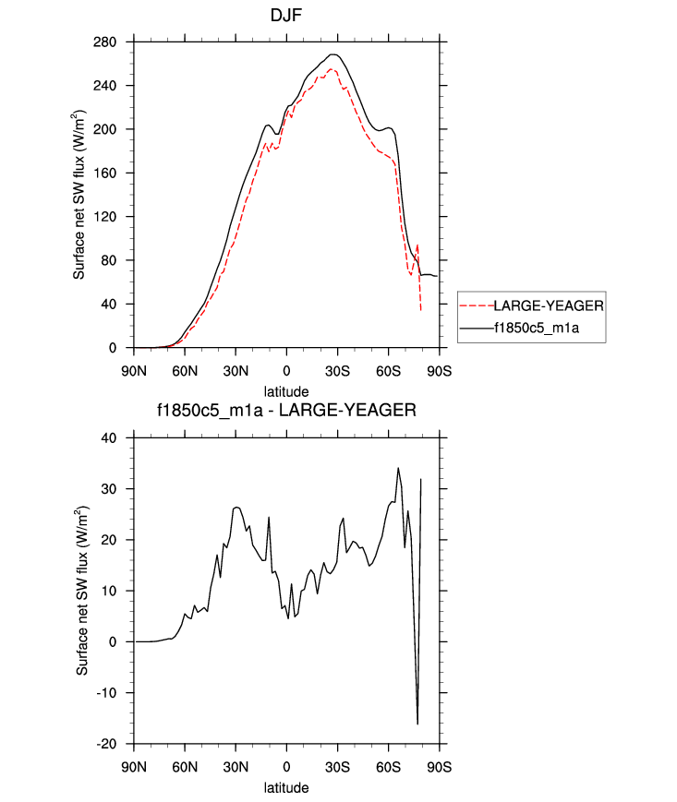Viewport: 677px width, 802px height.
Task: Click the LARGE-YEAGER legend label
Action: point(549,305)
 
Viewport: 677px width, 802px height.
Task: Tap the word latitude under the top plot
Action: point(286,391)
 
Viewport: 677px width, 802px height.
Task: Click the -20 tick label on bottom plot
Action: point(115,744)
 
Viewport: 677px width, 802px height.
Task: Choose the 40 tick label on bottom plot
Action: point(119,438)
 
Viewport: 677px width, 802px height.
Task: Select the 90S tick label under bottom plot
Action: point(439,767)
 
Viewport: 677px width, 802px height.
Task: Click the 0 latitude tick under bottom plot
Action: point(286,767)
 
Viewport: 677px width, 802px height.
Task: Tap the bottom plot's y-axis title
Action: point(83,592)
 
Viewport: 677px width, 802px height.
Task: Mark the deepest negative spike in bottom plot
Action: point(417,724)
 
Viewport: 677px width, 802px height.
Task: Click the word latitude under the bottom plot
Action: point(286,788)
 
